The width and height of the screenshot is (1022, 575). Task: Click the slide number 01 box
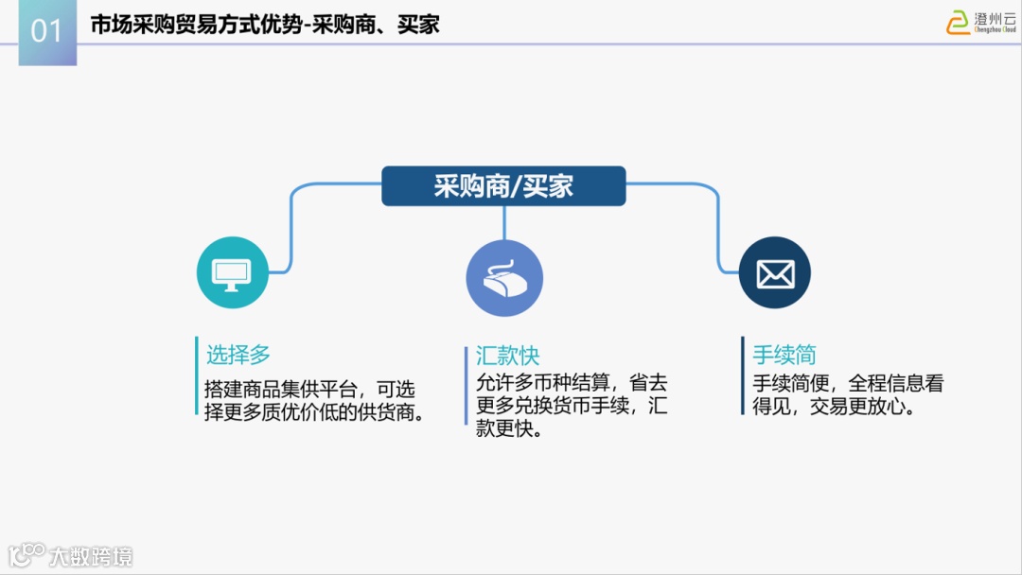(x=47, y=33)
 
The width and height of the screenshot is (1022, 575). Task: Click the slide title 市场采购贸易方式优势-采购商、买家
(x=265, y=26)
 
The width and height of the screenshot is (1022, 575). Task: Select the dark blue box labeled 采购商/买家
(x=503, y=186)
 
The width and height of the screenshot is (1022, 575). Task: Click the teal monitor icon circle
(x=233, y=272)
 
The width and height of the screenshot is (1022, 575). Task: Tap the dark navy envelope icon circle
(x=774, y=272)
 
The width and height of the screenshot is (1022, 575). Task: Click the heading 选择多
(x=238, y=355)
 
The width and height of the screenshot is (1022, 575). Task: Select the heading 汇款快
(x=507, y=356)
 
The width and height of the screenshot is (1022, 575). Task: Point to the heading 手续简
(x=784, y=355)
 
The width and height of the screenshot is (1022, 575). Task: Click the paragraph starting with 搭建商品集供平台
(x=313, y=401)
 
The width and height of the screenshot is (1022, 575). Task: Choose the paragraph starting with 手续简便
(x=848, y=396)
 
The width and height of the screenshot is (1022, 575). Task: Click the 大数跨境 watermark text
(x=91, y=555)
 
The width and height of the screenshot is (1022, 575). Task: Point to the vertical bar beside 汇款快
(x=466, y=385)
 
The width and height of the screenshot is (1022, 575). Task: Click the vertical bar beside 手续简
(x=743, y=375)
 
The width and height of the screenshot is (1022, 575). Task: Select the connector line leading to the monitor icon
(x=291, y=227)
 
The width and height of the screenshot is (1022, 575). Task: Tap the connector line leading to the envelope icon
(x=717, y=227)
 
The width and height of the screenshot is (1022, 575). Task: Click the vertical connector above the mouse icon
(x=504, y=222)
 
